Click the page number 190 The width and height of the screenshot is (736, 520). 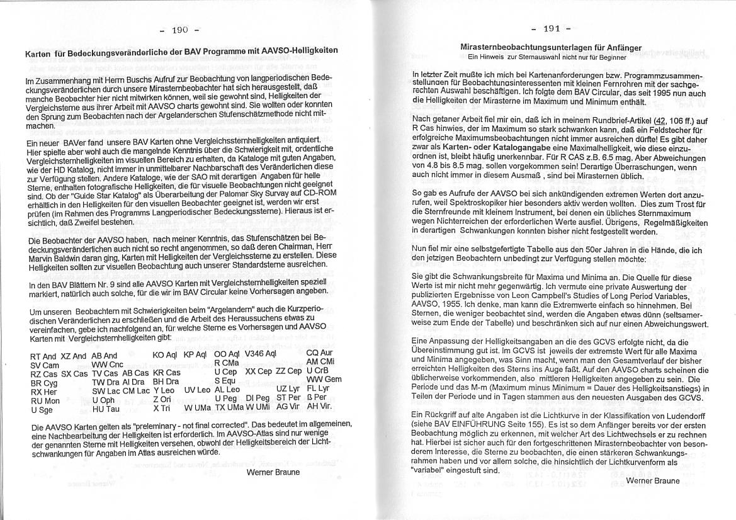point(180,30)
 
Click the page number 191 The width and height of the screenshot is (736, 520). point(551,28)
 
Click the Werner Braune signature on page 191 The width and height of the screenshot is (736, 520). point(653,480)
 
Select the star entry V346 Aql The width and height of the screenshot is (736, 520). point(260,353)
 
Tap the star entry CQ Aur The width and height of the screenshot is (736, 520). point(319,353)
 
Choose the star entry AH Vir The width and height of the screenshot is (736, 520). point(319,406)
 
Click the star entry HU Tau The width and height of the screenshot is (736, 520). point(106,409)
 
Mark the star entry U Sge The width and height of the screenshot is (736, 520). point(42,410)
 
